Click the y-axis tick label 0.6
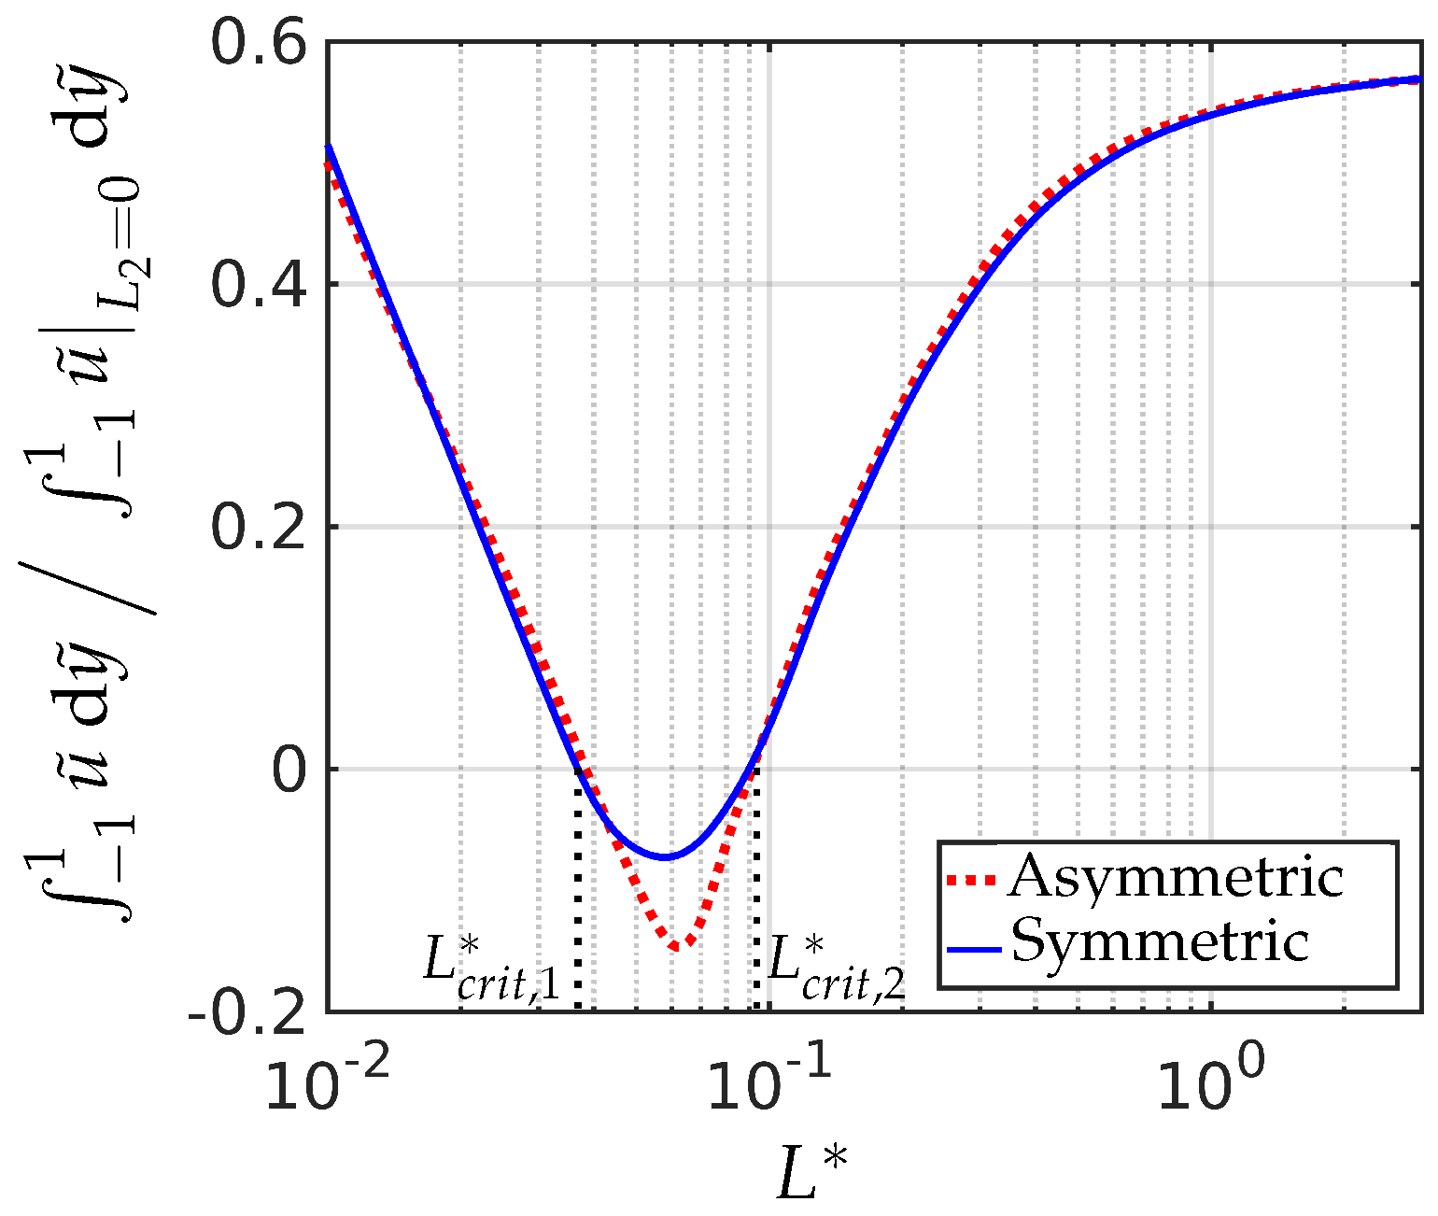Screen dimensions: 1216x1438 click(x=261, y=45)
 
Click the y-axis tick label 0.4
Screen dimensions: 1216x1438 click(x=261, y=284)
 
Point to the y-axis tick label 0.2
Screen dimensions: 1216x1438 click(x=261, y=526)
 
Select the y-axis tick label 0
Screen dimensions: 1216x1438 click(x=291, y=769)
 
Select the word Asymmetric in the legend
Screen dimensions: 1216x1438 click(x=1176, y=878)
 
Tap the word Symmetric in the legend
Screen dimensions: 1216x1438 click(x=1161, y=941)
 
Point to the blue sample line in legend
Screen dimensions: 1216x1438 click(x=974, y=949)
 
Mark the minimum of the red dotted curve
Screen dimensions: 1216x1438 click(x=682, y=946)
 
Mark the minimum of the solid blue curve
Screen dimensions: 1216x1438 click(x=665, y=856)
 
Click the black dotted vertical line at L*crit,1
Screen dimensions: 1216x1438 click(x=578, y=897)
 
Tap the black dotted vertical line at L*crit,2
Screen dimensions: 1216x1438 click(x=755, y=897)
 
